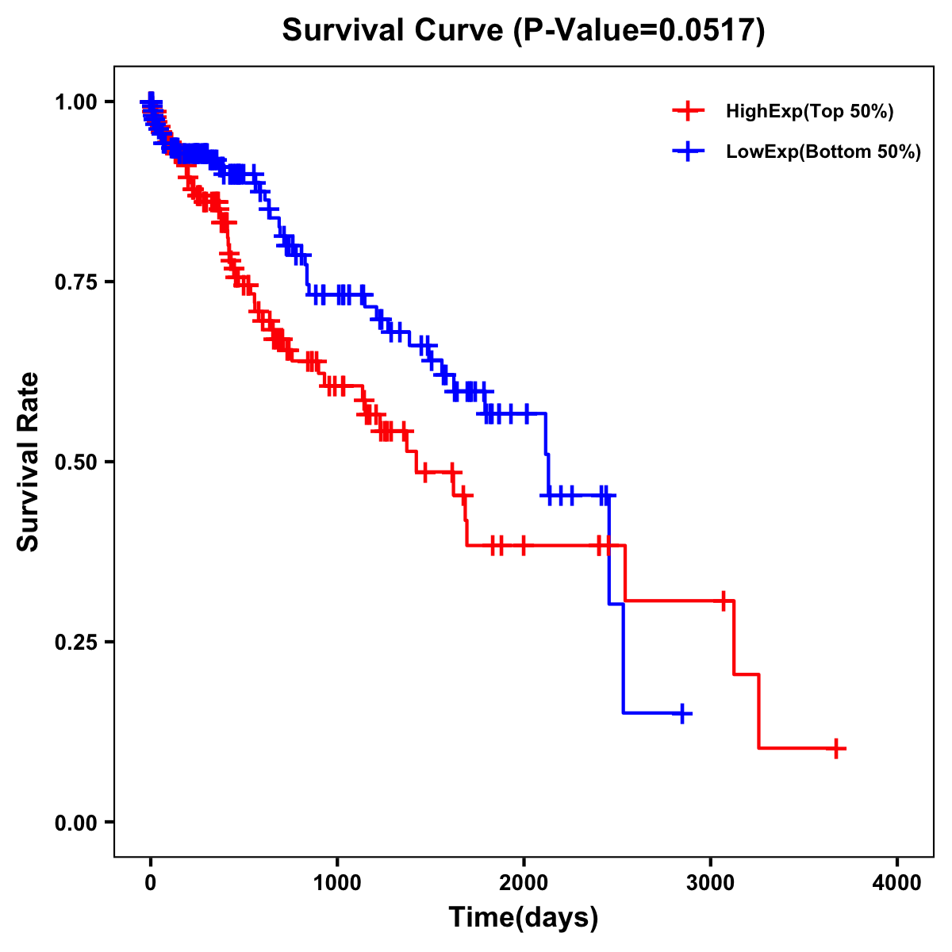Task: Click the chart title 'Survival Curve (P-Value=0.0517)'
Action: click(x=524, y=31)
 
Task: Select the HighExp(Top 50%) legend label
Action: click(x=810, y=112)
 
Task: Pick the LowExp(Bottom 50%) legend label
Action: click(x=823, y=152)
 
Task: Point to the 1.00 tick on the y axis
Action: click(x=75, y=102)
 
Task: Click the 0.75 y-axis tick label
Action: click(x=75, y=282)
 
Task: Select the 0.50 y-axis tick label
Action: click(x=75, y=463)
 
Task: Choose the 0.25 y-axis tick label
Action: click(x=75, y=643)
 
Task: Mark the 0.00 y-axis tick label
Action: click(x=75, y=823)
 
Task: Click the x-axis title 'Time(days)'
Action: click(x=524, y=918)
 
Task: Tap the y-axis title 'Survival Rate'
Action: click(x=29, y=462)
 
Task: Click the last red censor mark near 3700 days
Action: click(x=836, y=748)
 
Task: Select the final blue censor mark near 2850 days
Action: click(x=681, y=713)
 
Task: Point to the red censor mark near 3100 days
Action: click(x=724, y=601)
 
